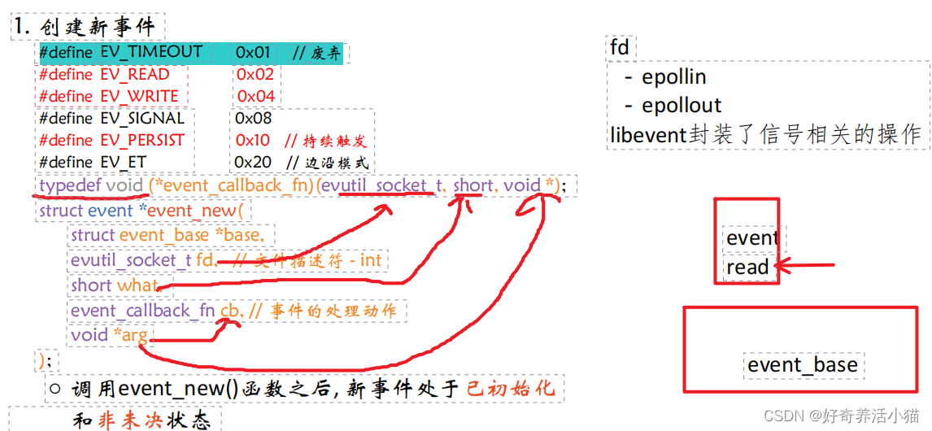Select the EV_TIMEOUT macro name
point(152,52)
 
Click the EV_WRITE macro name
point(139,97)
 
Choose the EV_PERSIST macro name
point(142,140)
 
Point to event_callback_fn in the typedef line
point(236,185)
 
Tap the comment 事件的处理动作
point(334,311)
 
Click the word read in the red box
point(747,267)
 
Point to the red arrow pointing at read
point(805,265)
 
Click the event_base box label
point(802,365)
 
